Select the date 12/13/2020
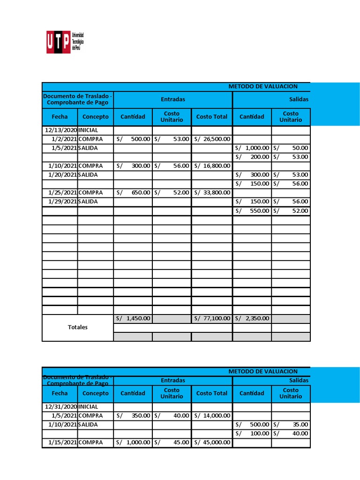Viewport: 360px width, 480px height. [x=60, y=130]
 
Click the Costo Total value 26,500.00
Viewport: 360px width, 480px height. [x=212, y=139]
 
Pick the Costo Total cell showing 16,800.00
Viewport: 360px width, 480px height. [x=212, y=165]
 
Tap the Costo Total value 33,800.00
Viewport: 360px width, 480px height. [x=212, y=192]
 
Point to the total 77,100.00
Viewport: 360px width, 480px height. [x=212, y=318]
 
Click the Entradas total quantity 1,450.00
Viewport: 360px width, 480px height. [x=133, y=318]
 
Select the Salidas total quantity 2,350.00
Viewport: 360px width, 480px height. [x=252, y=318]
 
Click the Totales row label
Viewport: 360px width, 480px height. [x=78, y=327]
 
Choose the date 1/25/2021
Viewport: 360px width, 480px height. [x=63, y=192]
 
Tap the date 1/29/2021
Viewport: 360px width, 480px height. [x=63, y=201]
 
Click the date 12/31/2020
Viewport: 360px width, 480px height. [x=60, y=406]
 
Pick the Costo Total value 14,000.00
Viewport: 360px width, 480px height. [x=212, y=415]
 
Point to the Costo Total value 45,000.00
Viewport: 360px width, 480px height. [x=212, y=442]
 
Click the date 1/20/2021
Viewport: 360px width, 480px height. [x=63, y=174]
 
